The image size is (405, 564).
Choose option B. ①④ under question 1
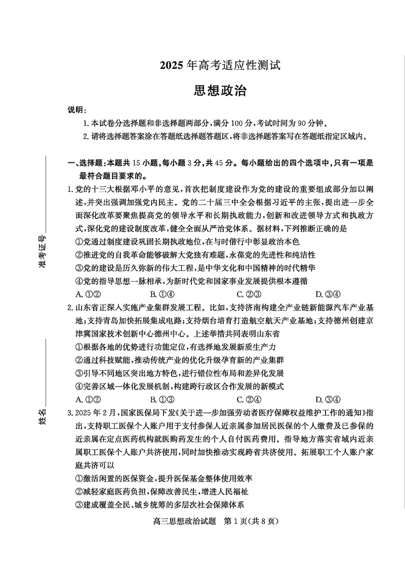click(x=162, y=294)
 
